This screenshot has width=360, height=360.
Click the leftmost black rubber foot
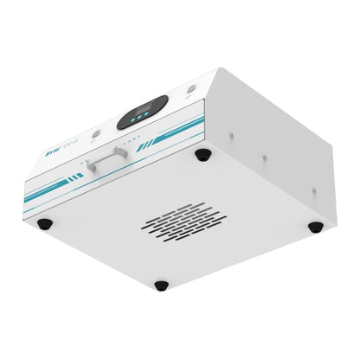pos(44,224)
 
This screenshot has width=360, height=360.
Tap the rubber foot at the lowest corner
pos(161,285)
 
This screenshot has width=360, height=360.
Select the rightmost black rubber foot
pos(316,227)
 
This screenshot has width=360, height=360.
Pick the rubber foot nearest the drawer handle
pos(202,155)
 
